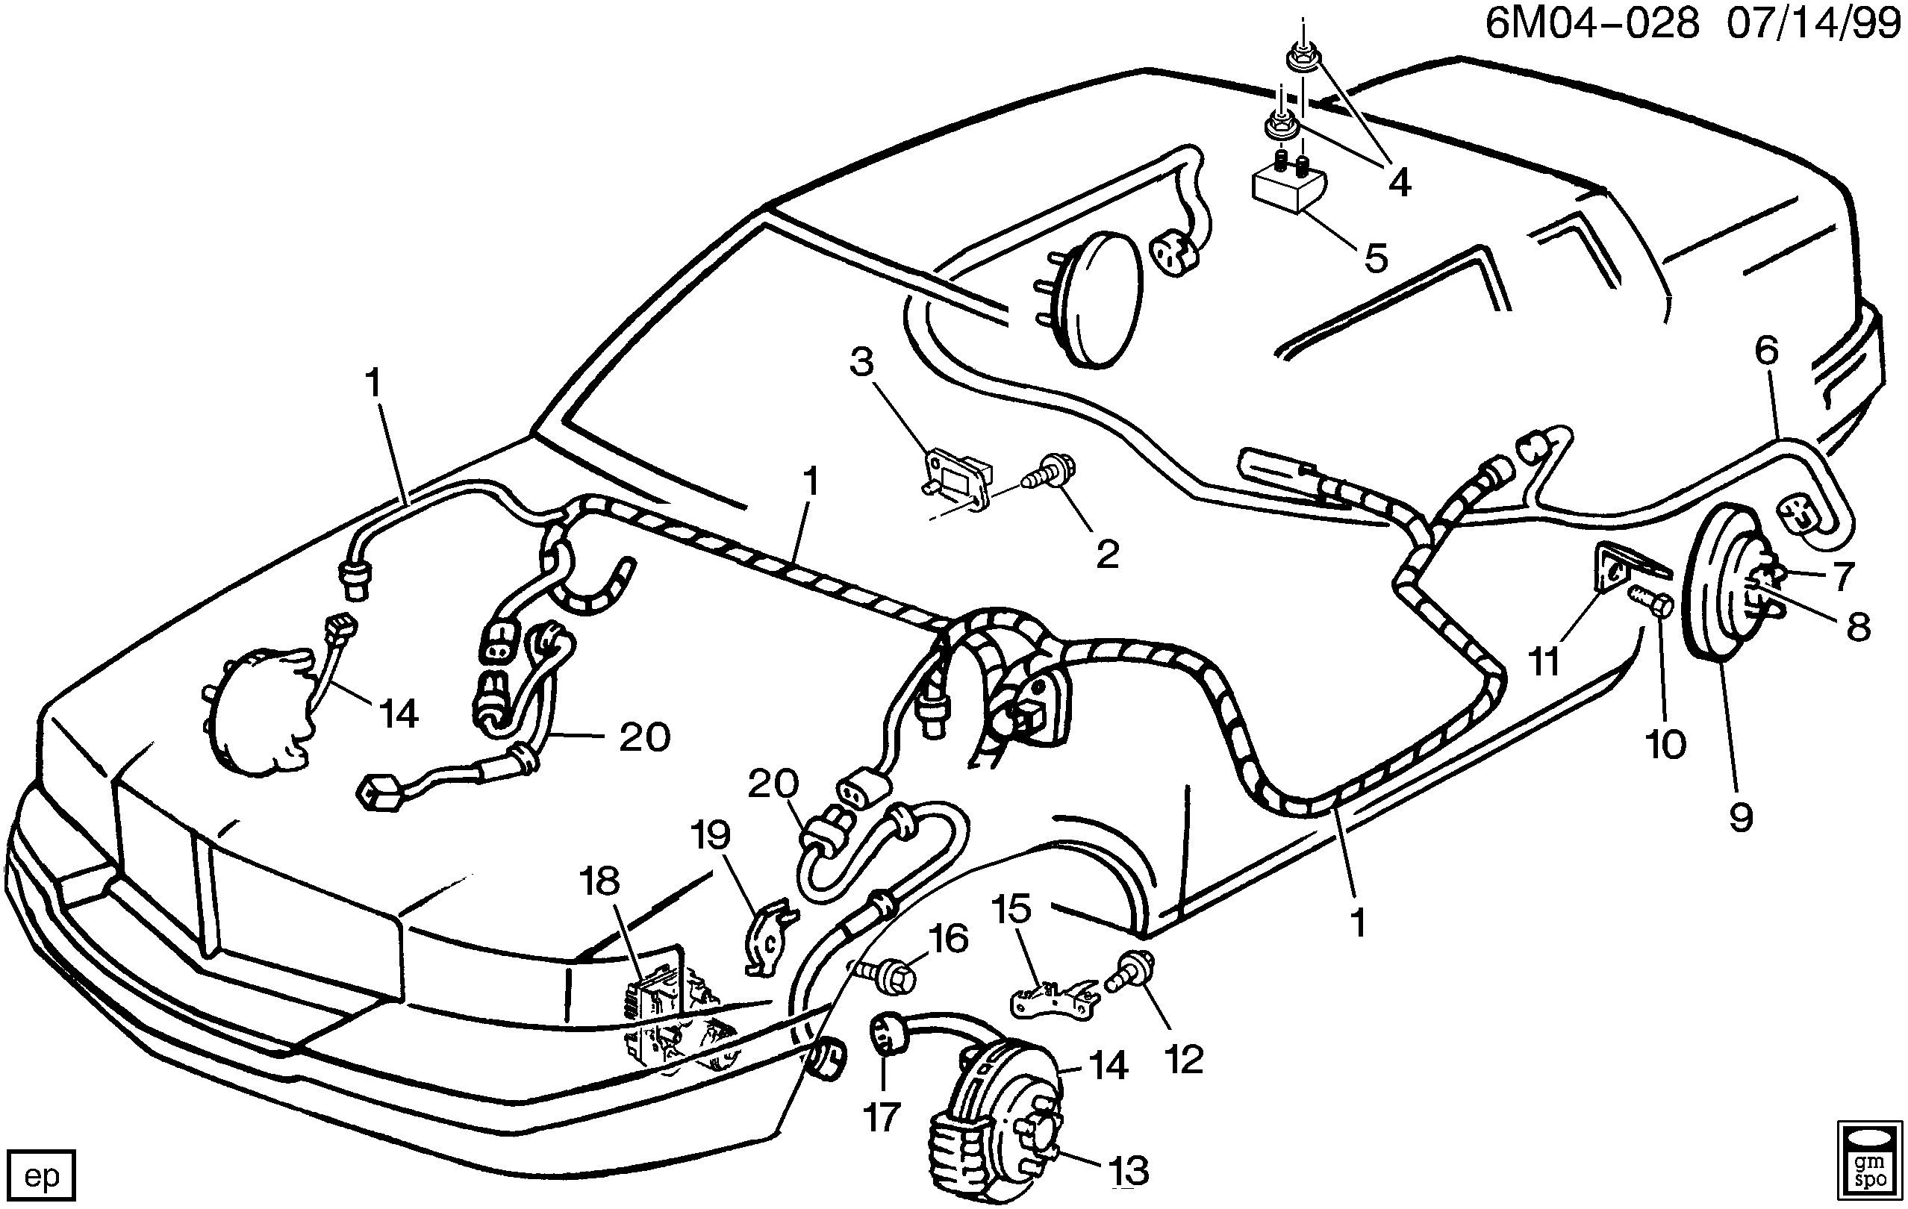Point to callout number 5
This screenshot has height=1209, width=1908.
point(1377,257)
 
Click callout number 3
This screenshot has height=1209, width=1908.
point(861,362)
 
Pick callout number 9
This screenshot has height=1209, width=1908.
point(1741,817)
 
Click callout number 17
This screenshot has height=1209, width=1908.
point(881,1118)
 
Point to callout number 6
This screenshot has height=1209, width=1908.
point(1767,350)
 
